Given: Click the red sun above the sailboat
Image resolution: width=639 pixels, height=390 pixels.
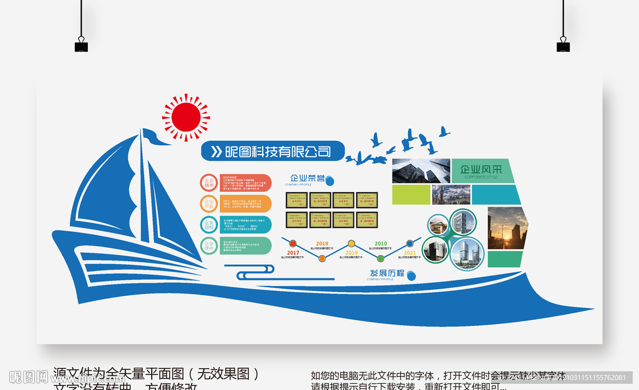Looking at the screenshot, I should (x=186, y=117).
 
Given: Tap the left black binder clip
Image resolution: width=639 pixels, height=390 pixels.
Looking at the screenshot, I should (x=81, y=45).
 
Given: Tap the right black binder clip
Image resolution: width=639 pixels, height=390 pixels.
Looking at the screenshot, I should (x=563, y=45).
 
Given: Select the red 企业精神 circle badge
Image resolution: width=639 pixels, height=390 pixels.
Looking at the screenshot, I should (x=208, y=183).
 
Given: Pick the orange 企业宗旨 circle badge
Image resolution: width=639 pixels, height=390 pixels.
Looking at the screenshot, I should (x=208, y=203).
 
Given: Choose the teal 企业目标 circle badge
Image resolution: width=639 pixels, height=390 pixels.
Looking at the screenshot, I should (x=208, y=224).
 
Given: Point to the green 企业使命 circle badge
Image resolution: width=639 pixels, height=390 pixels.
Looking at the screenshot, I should (x=208, y=245).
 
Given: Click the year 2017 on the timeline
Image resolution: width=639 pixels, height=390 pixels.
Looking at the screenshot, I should (x=293, y=252).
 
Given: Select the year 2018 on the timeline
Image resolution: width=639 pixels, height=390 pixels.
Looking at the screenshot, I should (x=322, y=244).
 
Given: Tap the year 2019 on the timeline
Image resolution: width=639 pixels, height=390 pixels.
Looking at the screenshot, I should (x=351, y=252).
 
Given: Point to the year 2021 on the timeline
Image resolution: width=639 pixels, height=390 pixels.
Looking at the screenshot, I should (x=409, y=252).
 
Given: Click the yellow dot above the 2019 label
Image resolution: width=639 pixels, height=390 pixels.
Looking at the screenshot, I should (x=351, y=243).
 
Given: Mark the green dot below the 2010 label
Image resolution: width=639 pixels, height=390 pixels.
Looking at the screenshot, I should (x=381, y=257).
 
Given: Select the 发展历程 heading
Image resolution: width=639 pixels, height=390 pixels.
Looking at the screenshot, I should (x=387, y=273).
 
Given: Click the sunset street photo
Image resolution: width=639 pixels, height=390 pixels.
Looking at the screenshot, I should (x=507, y=228).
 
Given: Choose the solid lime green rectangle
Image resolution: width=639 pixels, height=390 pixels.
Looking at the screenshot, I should (x=411, y=194).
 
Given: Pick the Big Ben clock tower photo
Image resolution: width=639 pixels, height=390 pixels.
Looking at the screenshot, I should (x=451, y=194).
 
